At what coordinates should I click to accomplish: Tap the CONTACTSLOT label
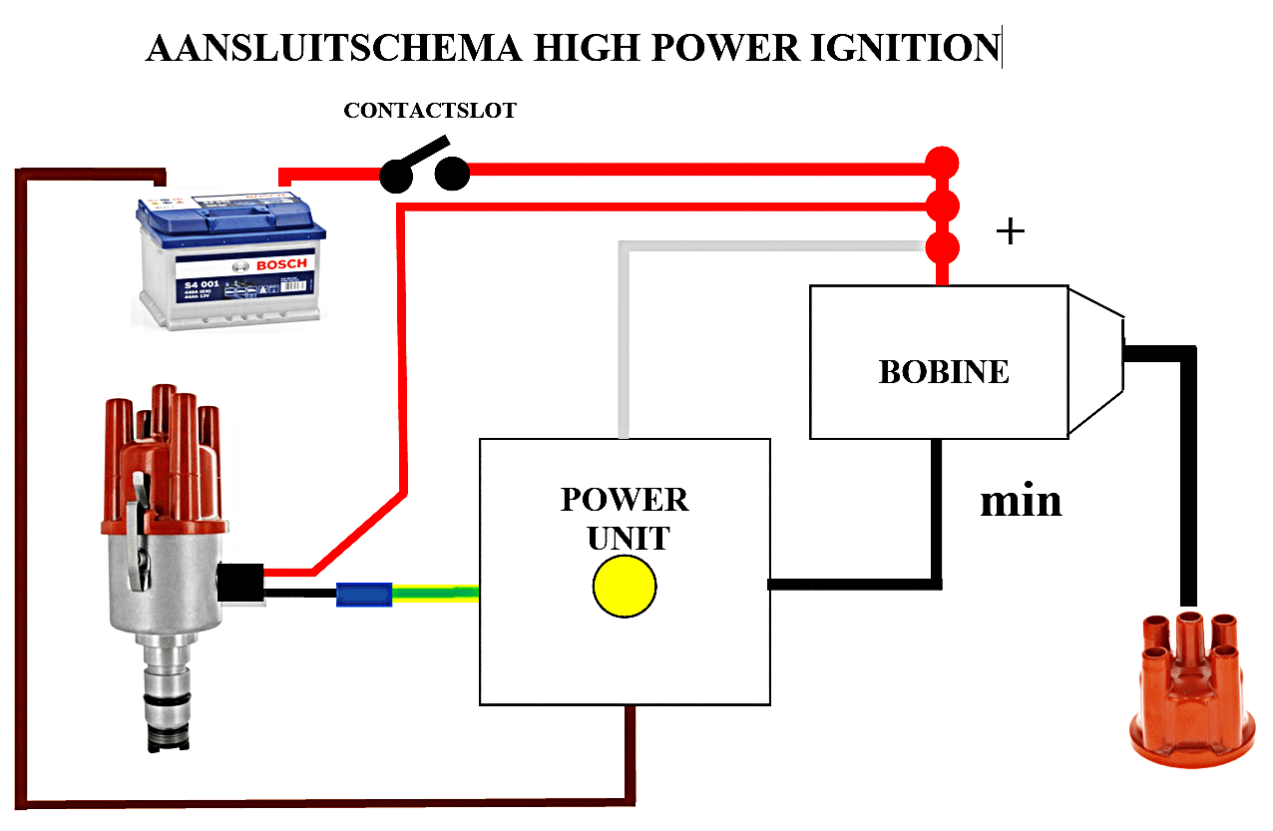[430, 111]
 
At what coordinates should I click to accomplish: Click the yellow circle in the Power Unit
[625, 587]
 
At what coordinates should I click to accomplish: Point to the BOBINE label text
[943, 372]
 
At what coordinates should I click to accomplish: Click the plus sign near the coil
[1011, 232]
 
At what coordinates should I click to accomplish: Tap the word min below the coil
[1021, 501]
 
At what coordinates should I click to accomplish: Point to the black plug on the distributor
[240, 584]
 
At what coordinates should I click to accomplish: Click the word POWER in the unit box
[625, 499]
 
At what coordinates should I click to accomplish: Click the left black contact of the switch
[396, 178]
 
